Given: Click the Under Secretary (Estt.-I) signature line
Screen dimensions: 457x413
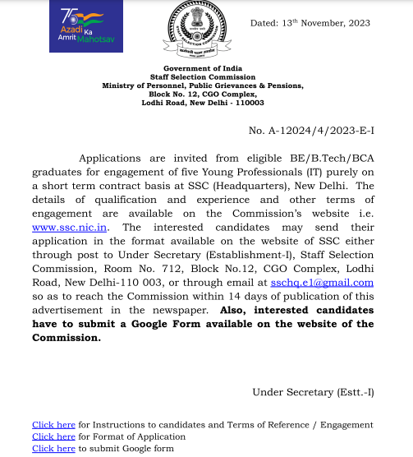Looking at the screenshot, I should pos(313,392).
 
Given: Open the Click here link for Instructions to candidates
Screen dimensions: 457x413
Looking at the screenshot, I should pos(53,425).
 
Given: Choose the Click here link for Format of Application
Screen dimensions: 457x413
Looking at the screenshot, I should pos(53,437).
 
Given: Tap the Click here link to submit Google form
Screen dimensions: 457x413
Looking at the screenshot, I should pos(53,450).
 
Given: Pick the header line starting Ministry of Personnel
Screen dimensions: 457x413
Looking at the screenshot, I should pos(202,85).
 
